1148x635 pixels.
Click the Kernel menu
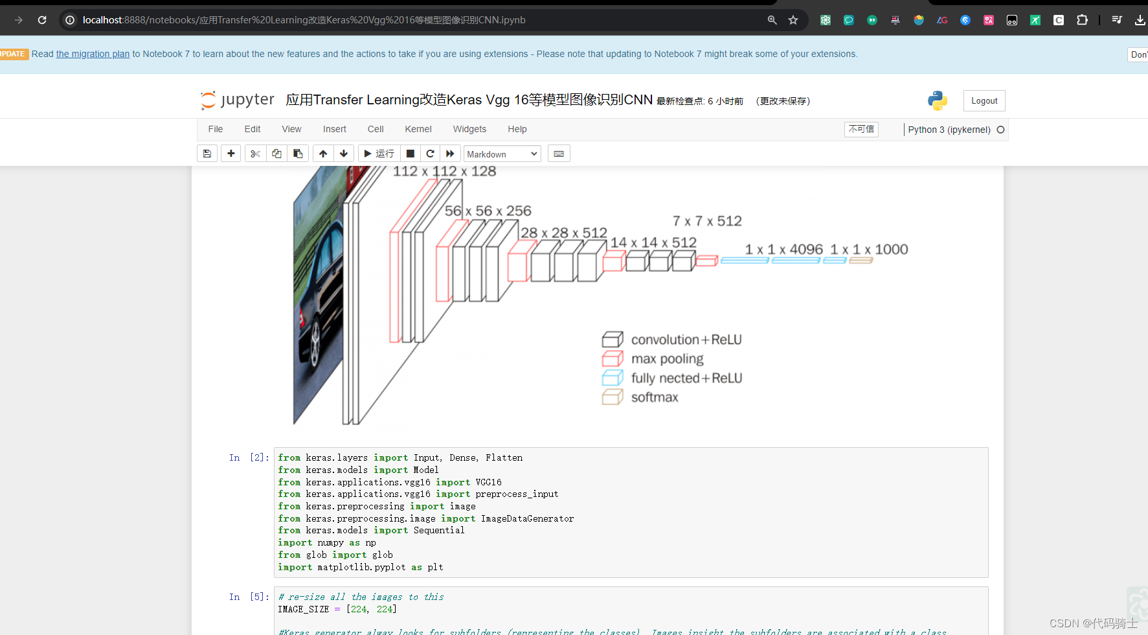(x=418, y=129)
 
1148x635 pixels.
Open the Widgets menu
(x=469, y=129)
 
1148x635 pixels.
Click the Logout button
(x=984, y=101)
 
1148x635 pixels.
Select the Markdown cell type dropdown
(x=502, y=154)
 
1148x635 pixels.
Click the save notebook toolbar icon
(x=207, y=154)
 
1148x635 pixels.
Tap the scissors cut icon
(x=255, y=154)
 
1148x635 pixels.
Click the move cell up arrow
(x=323, y=154)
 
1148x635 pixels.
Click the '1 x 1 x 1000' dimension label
(x=869, y=249)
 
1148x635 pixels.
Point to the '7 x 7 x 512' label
(x=707, y=222)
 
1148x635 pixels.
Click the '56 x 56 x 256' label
(x=488, y=211)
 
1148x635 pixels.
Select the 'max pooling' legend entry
(x=667, y=359)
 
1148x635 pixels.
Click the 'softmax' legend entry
(x=655, y=397)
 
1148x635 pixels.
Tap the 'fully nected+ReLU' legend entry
(x=686, y=378)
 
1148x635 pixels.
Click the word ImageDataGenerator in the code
(x=527, y=518)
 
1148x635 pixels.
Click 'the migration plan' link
(x=93, y=54)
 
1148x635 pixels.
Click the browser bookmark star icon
(x=793, y=20)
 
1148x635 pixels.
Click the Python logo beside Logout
(x=937, y=100)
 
